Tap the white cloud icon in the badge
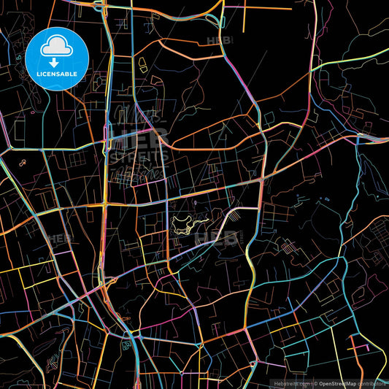tap(55, 45)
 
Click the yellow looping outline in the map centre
tap(187, 222)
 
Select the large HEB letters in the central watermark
tap(143, 137)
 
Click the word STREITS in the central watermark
tap(144, 155)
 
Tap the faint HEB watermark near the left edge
tap(58, 238)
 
